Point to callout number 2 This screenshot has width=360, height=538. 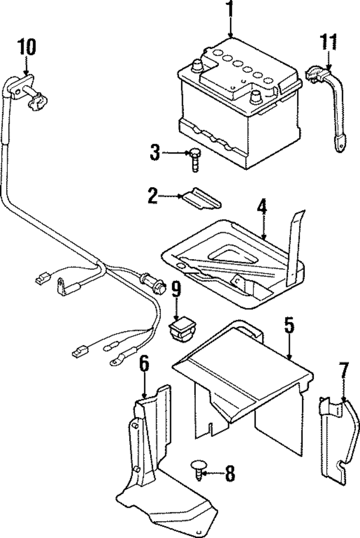coord(153,196)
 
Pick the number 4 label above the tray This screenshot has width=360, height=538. coord(262,207)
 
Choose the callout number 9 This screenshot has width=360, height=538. coord(176,290)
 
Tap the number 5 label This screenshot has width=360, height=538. coord(289,326)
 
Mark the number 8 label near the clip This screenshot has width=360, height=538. coord(229,474)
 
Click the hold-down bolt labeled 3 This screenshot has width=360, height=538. coord(195,159)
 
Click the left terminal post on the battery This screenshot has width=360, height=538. coord(197,66)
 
